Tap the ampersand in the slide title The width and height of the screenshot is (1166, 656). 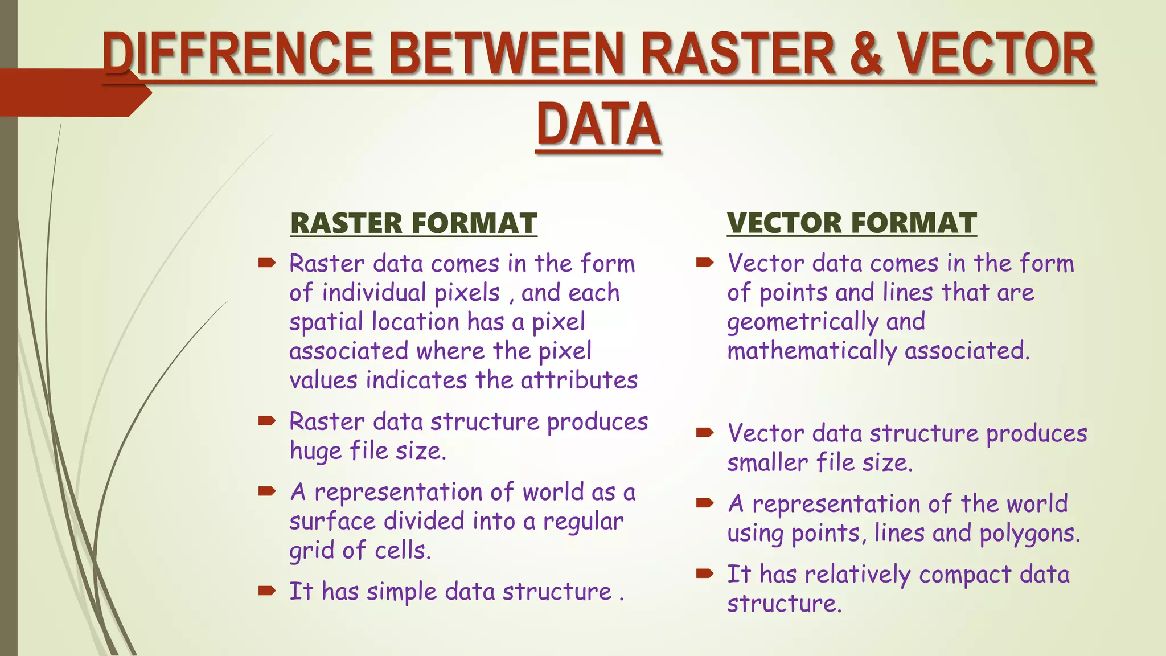pyautogui.click(x=861, y=55)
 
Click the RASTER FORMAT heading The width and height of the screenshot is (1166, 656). pyautogui.click(x=413, y=223)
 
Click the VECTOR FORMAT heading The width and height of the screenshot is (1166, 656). pyautogui.click(x=852, y=223)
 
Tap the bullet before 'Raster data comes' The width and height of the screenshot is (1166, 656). pyautogui.click(x=266, y=263)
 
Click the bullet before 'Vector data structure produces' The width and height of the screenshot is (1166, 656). pyautogui.click(x=705, y=433)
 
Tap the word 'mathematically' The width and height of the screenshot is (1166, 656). pyautogui.click(x=811, y=351)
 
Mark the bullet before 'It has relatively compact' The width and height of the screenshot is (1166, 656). pyautogui.click(x=705, y=573)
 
